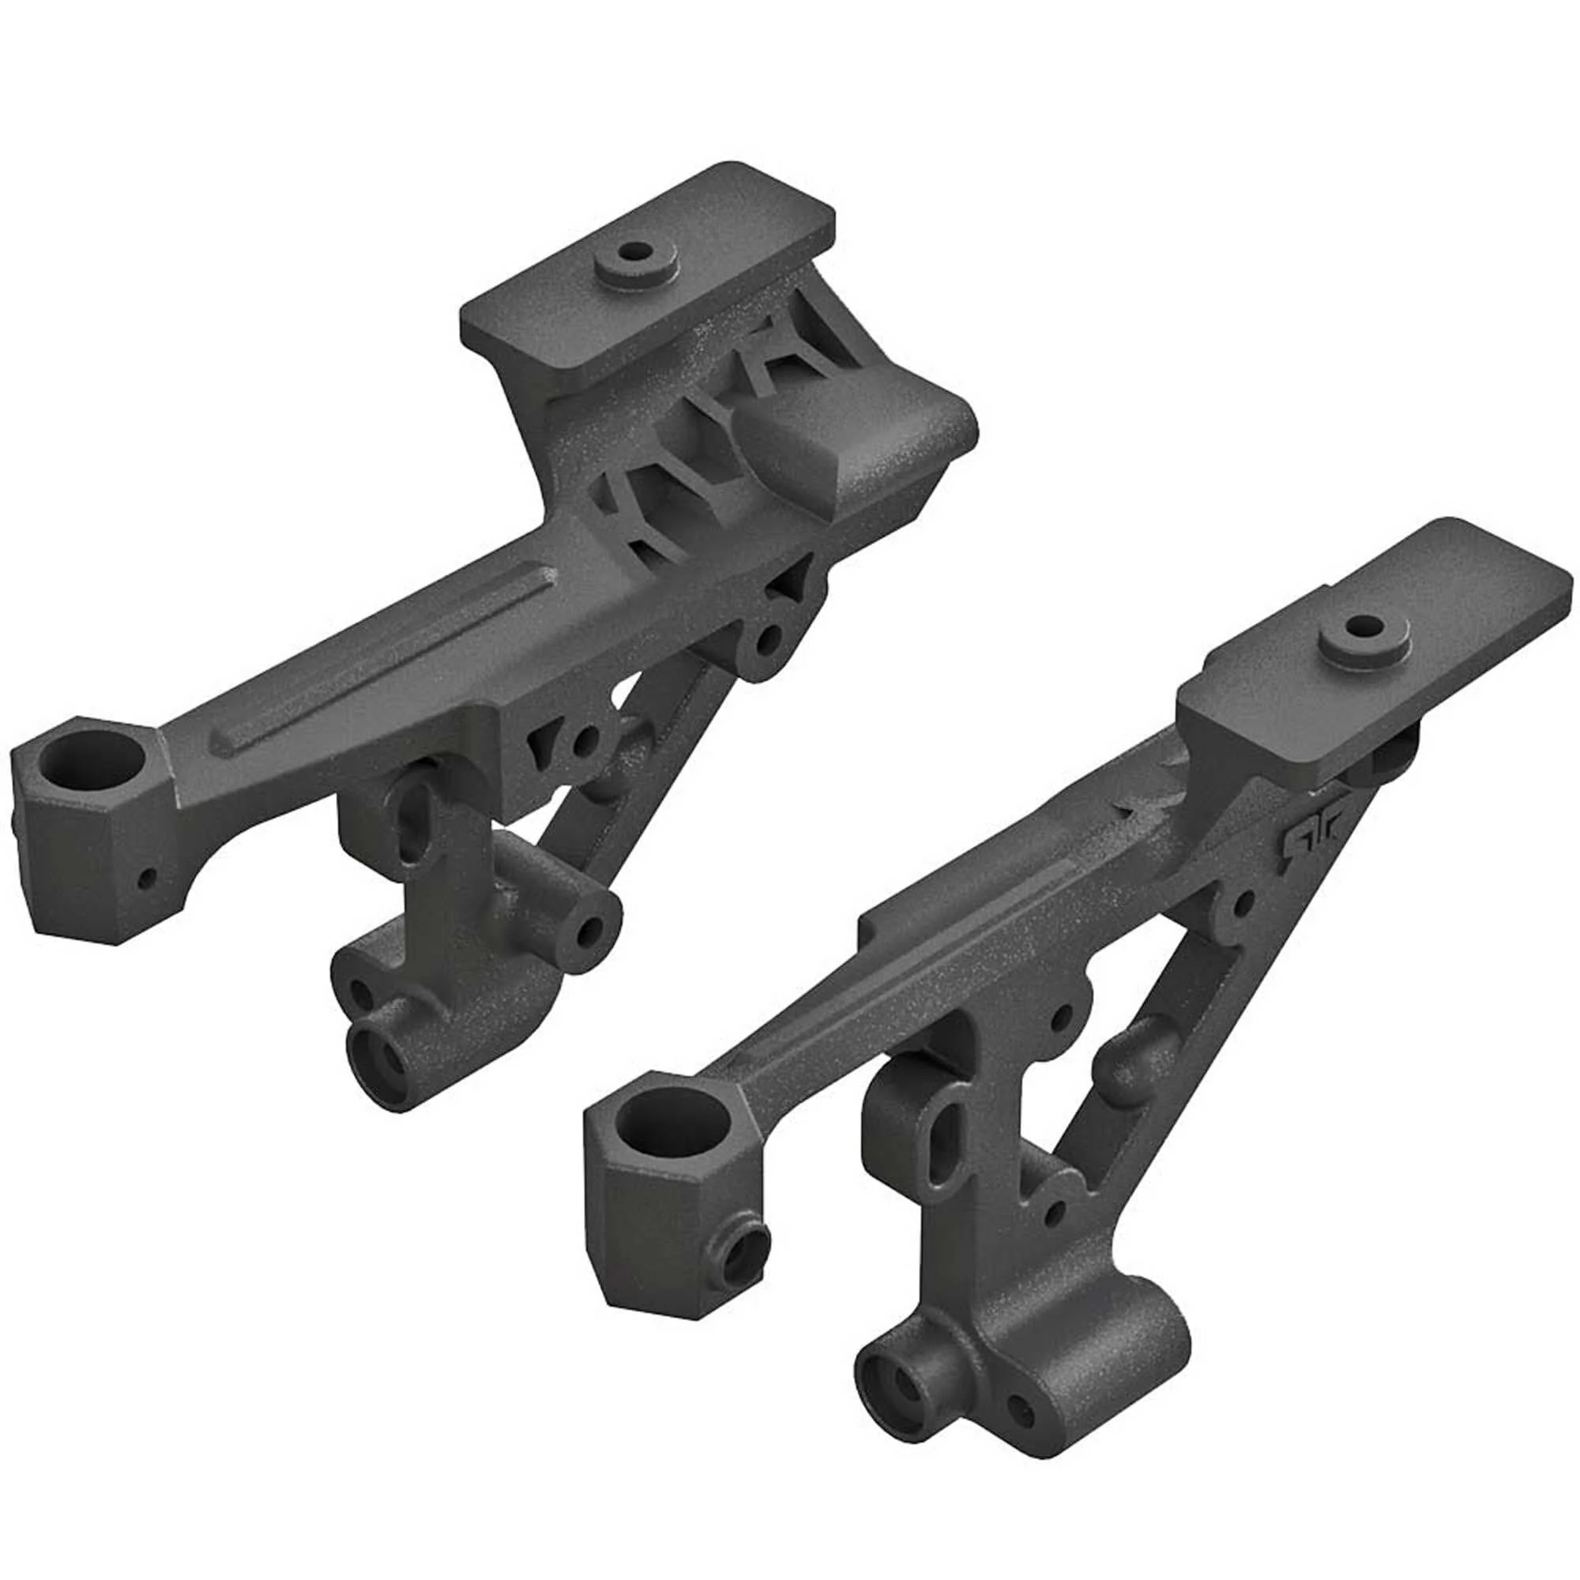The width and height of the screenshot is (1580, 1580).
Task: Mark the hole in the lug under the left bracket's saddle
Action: pos(768,641)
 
